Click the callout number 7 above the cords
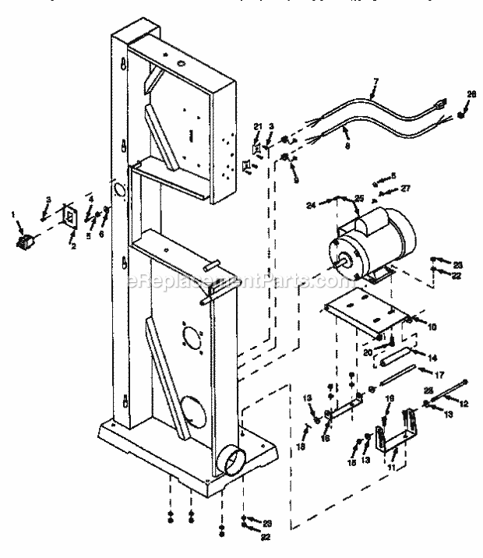tap(375, 81)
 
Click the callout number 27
tap(404, 189)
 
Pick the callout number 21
tap(257, 126)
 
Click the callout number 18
tap(302, 447)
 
